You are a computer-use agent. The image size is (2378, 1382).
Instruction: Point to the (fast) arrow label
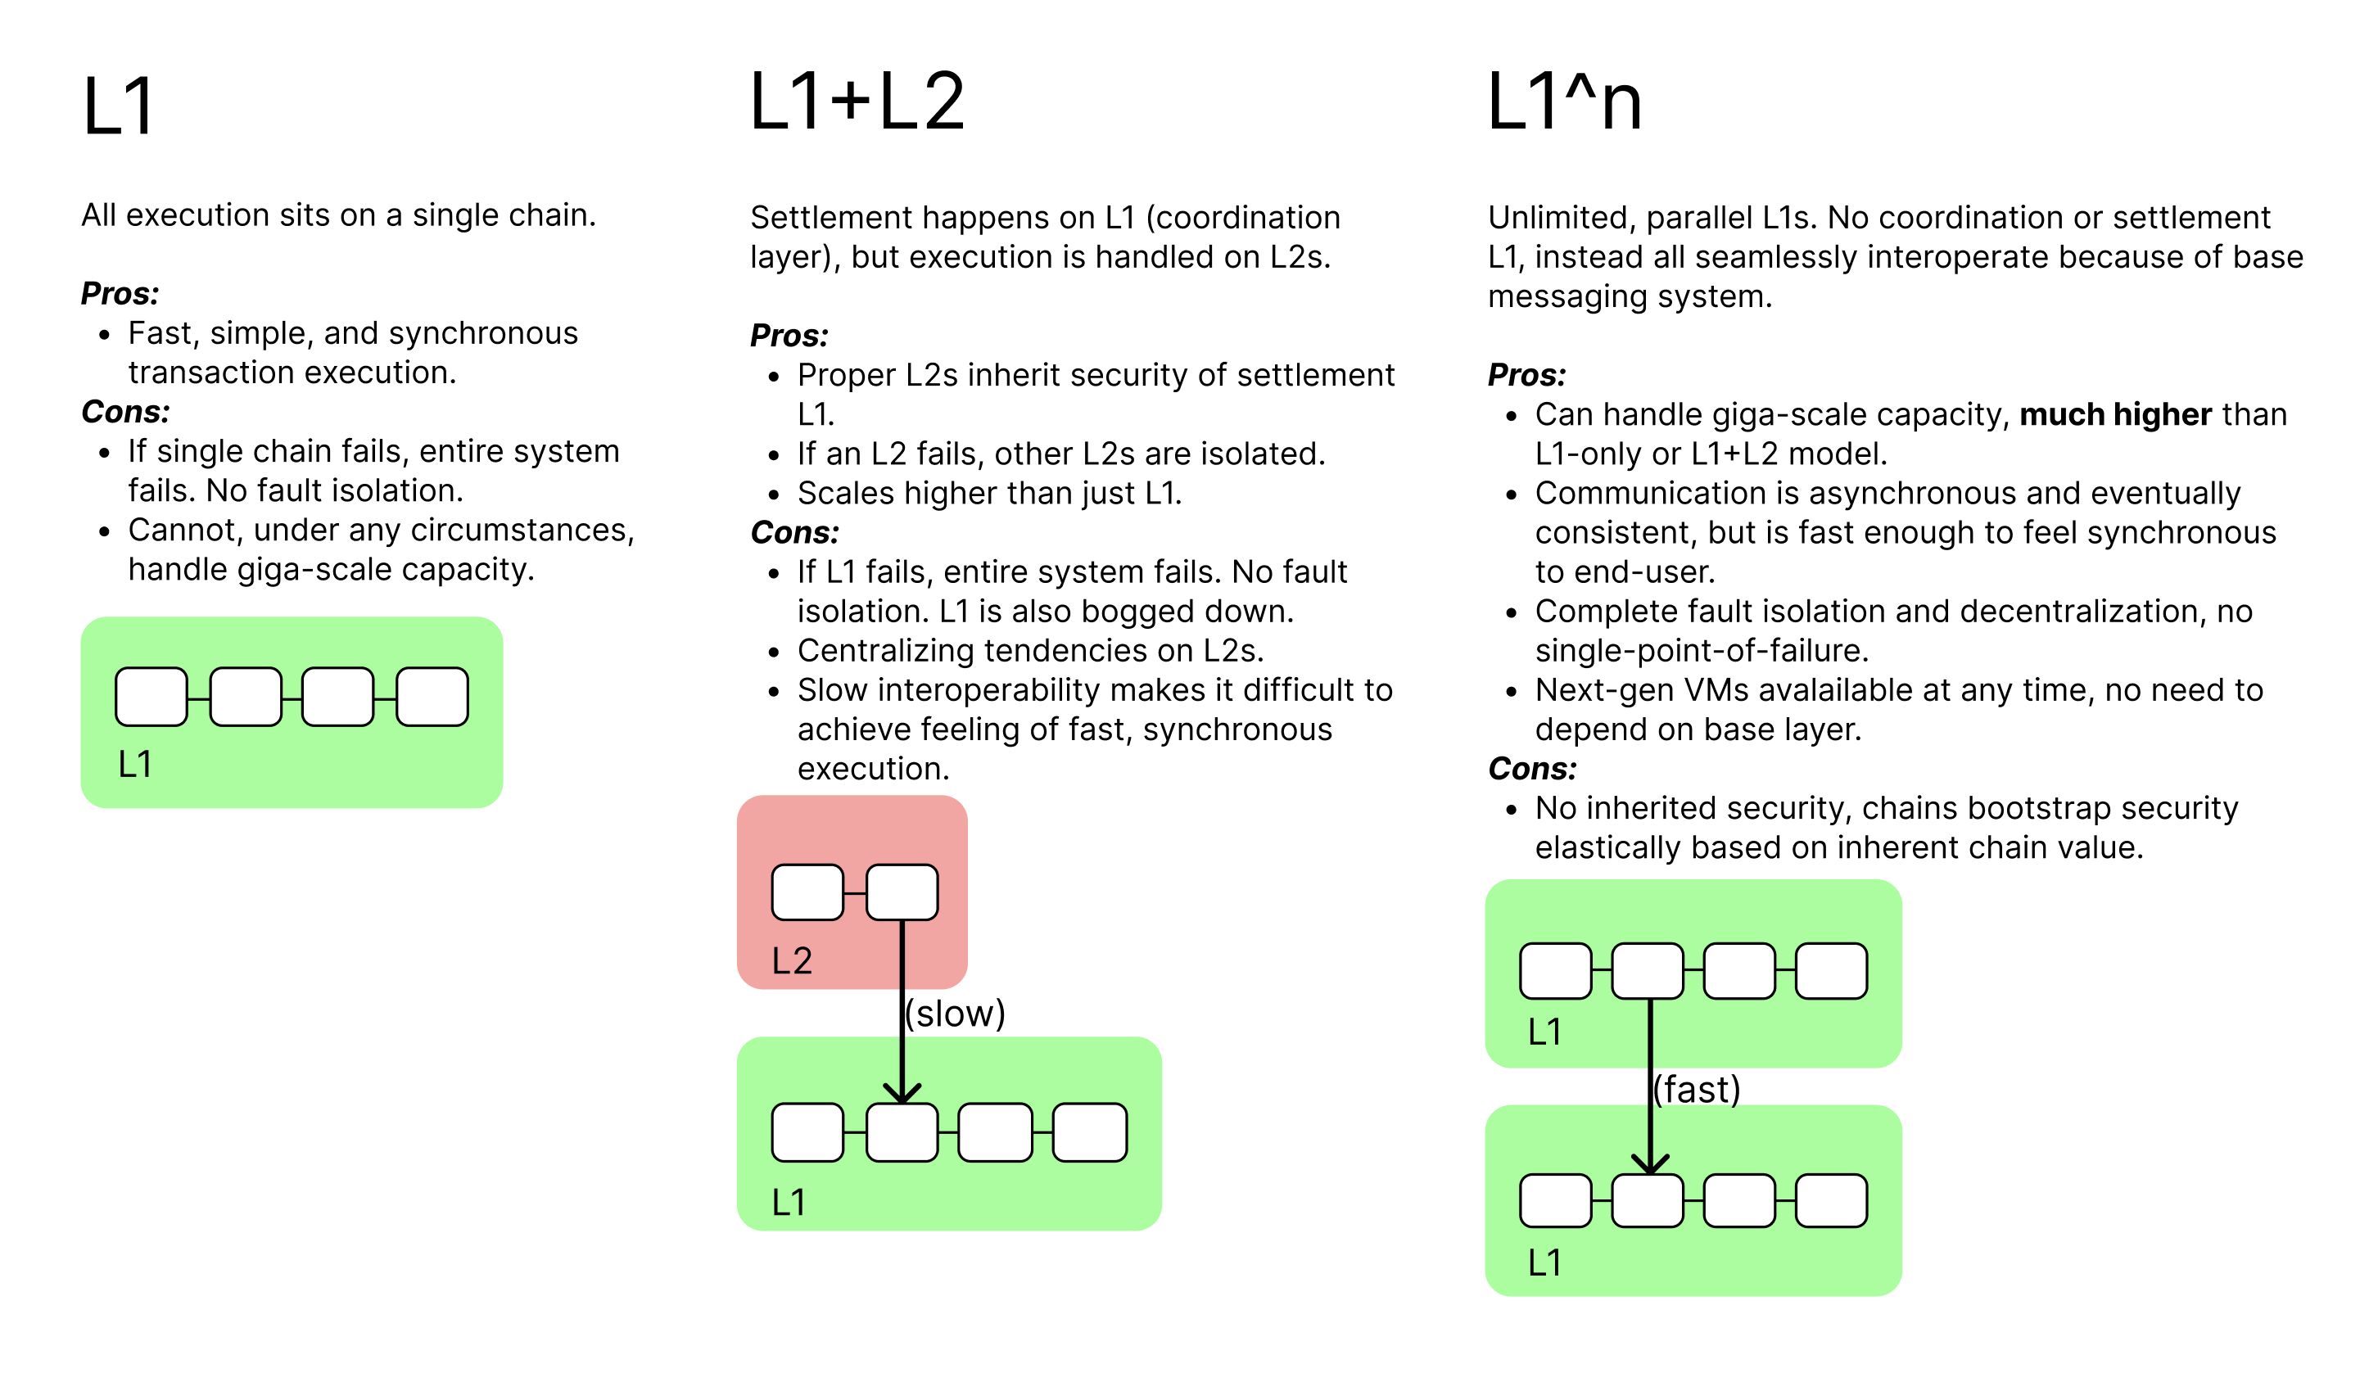(x=1696, y=1090)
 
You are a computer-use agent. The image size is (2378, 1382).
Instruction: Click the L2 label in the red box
(x=792, y=960)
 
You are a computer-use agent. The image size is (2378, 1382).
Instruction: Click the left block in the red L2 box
(x=807, y=892)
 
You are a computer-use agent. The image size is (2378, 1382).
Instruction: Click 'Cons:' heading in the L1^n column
(x=1531, y=769)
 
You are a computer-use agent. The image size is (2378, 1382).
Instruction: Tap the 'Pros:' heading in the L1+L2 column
(x=789, y=335)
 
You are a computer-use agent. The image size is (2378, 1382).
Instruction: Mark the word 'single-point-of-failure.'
(x=1702, y=651)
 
